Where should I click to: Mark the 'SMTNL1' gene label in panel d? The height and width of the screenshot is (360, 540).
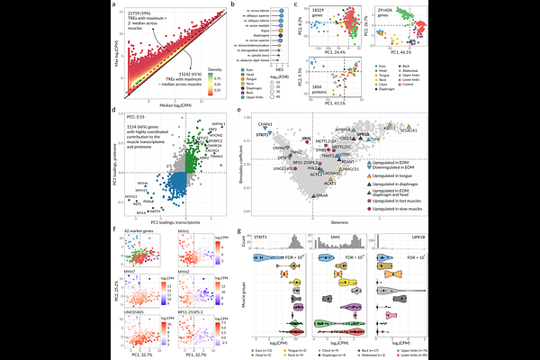pyautogui.click(x=205, y=123)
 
